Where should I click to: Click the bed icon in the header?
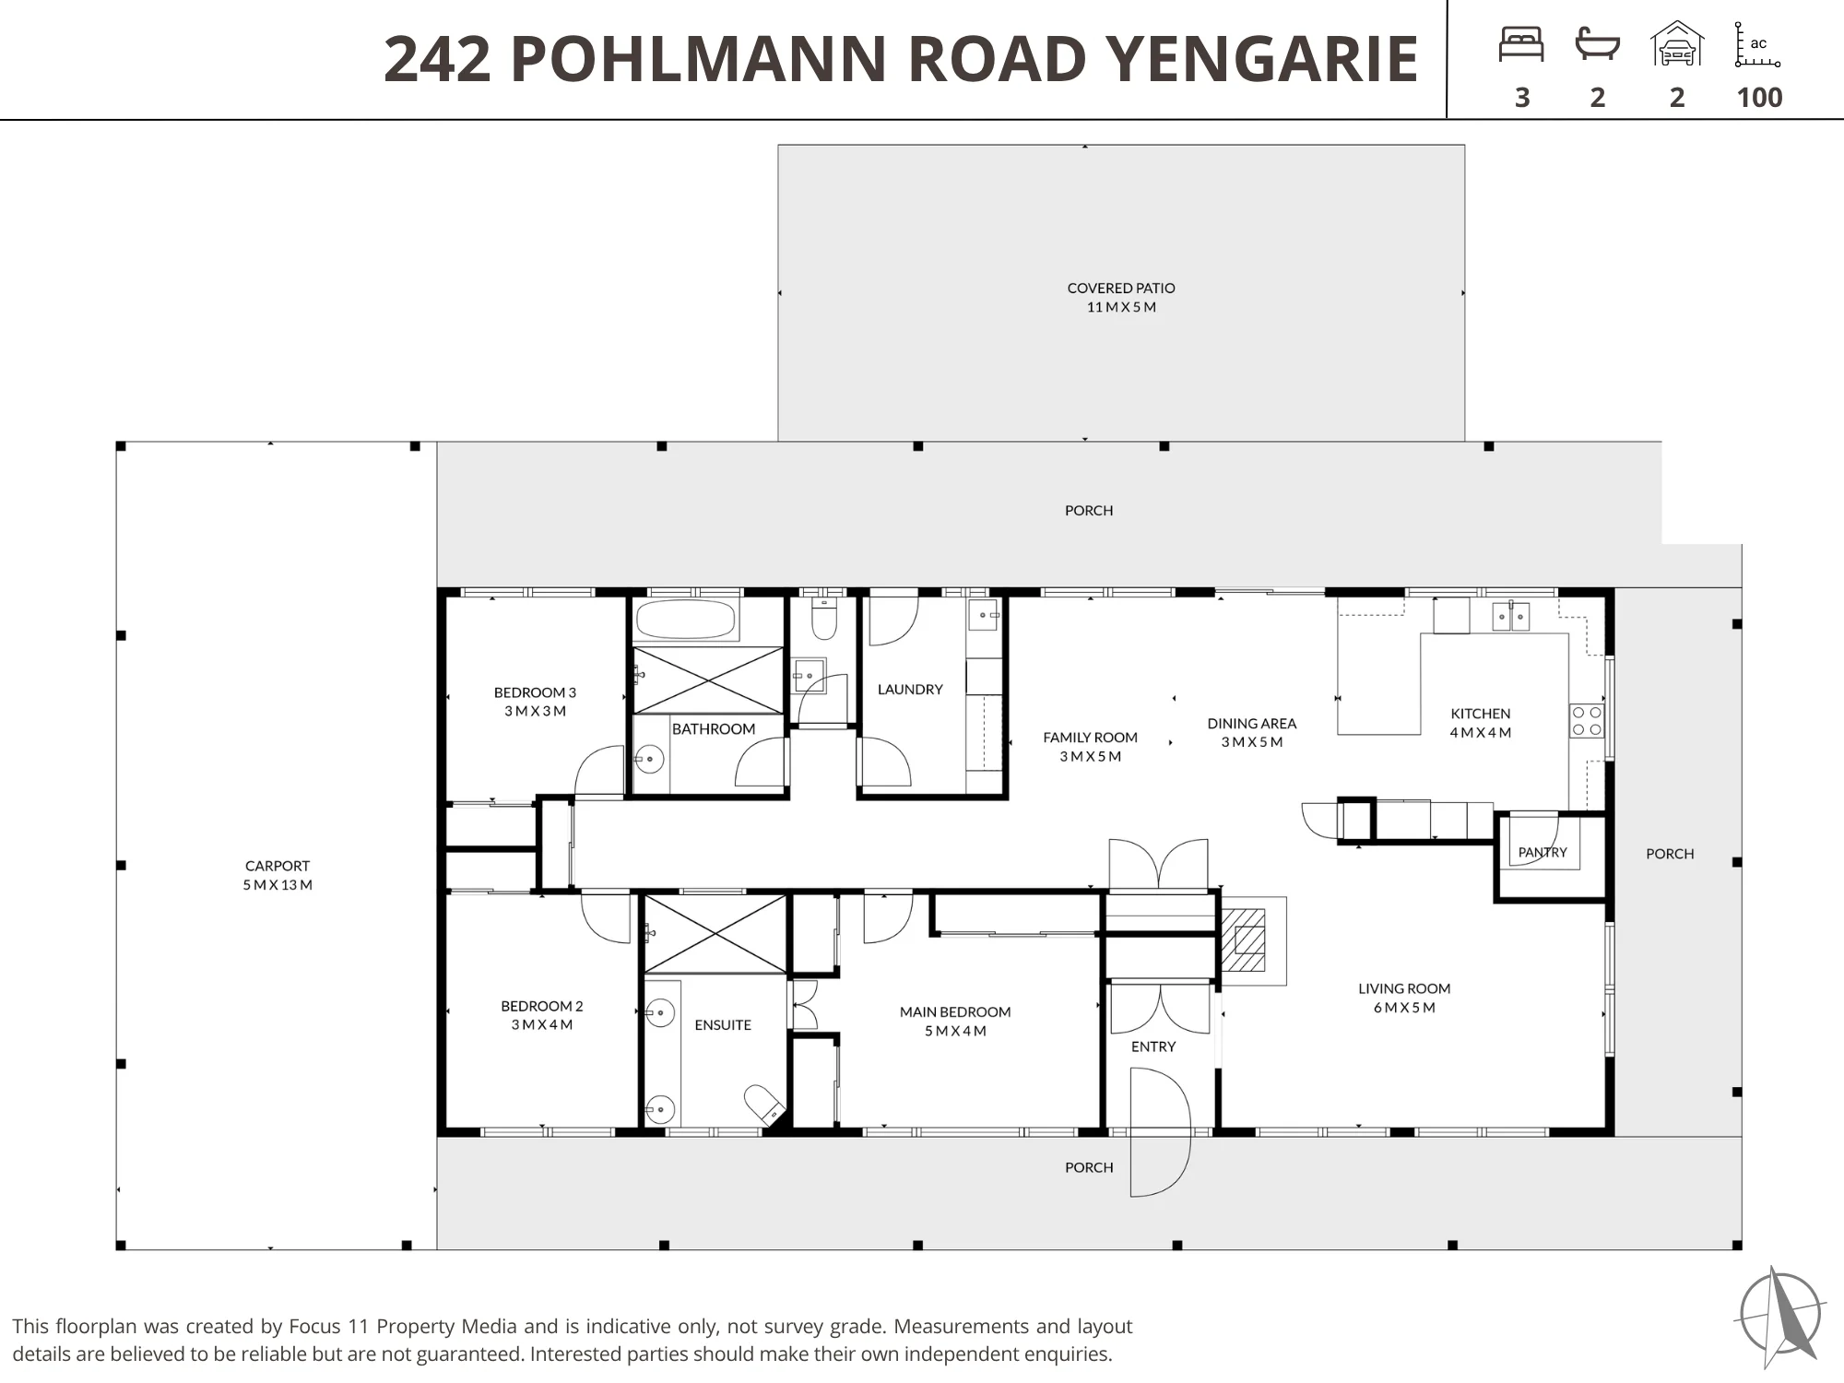tap(1521, 44)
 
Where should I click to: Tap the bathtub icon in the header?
tap(1598, 43)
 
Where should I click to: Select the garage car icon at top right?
tap(1677, 44)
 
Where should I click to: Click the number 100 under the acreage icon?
tap(1759, 97)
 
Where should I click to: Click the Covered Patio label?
tap(1121, 297)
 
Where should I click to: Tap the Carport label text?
tap(278, 875)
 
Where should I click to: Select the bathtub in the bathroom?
tap(685, 620)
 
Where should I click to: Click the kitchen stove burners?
tap(1587, 721)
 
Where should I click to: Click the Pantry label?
tap(1543, 852)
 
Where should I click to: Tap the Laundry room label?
tap(910, 689)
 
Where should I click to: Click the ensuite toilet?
tap(764, 1103)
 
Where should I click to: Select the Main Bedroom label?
tap(955, 1021)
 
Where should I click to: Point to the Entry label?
tap(1153, 1046)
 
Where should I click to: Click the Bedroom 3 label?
tap(535, 701)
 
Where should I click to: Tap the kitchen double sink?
tap(1511, 616)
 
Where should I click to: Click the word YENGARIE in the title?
tap(1261, 58)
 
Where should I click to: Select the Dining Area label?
tap(1252, 732)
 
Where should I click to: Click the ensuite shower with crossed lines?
tap(715, 933)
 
